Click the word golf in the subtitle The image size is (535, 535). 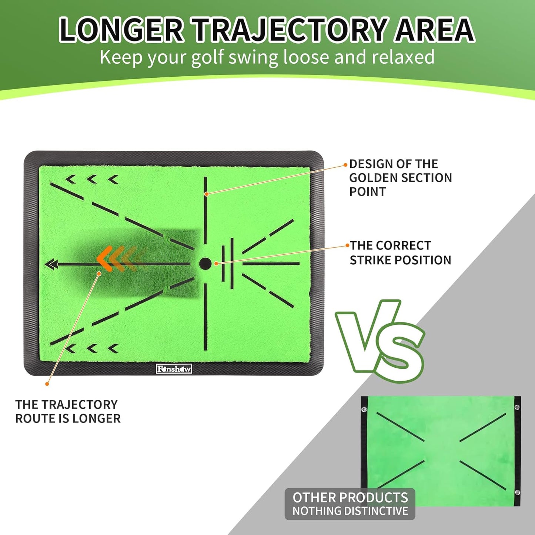click(207, 57)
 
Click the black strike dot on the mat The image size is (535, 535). click(205, 264)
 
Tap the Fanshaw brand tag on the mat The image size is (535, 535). click(174, 369)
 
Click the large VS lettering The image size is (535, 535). click(379, 341)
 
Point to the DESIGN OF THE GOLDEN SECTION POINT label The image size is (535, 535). click(400, 178)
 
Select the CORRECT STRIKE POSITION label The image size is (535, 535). click(400, 253)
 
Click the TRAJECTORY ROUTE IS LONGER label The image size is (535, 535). click(68, 411)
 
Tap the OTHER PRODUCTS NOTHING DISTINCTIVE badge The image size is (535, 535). click(350, 504)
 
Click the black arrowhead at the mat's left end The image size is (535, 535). click(51, 264)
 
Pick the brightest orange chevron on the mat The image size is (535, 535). click(105, 259)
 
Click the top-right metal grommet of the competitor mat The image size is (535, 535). click(517, 407)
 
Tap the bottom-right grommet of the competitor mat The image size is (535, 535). click(517, 492)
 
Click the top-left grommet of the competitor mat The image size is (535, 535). click(364, 409)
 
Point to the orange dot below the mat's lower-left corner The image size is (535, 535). click(47, 384)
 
